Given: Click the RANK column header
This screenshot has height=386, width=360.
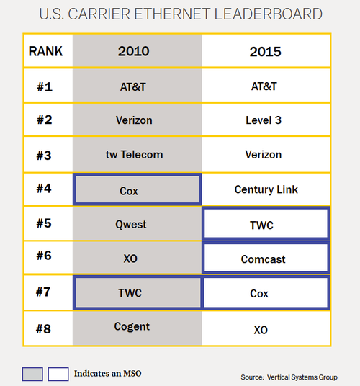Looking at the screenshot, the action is (x=45, y=51).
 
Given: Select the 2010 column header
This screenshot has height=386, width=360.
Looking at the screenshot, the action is (x=134, y=51).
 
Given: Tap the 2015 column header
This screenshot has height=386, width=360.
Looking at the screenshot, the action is (x=265, y=52).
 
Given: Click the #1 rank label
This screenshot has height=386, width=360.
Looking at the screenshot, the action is (x=45, y=87).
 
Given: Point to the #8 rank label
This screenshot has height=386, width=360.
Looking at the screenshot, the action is (x=43, y=329).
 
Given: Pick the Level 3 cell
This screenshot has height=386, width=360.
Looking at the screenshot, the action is (x=264, y=120).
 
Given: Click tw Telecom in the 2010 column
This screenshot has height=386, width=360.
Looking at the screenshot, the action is (x=135, y=155).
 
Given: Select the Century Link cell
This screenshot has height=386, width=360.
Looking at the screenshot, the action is (x=266, y=189).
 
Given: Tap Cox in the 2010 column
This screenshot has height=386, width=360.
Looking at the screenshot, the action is (x=129, y=191).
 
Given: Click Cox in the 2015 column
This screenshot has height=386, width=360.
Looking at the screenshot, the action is (x=259, y=293).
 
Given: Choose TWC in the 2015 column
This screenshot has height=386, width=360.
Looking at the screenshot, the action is (x=261, y=225).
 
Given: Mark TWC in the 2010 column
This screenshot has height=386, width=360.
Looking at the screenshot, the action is (x=130, y=293).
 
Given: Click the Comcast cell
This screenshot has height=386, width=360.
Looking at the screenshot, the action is (x=263, y=259).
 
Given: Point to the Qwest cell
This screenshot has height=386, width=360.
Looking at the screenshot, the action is (x=131, y=225).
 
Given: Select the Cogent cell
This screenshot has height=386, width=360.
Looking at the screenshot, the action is (x=132, y=327).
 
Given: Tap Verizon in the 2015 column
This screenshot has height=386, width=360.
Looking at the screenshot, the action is (x=264, y=155).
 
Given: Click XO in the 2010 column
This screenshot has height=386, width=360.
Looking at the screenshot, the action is (x=130, y=259).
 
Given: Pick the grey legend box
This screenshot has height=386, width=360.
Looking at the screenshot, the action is (x=32, y=374).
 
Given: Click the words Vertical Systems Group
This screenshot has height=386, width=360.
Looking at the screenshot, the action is (x=302, y=377).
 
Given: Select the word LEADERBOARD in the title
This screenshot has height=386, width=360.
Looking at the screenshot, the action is (x=269, y=14).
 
